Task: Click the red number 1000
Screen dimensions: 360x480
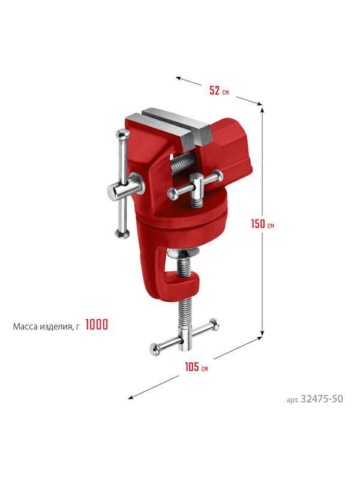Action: [x=97, y=325]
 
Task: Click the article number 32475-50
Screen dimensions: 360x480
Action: [x=322, y=399]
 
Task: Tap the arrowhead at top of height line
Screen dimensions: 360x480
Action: [x=262, y=109]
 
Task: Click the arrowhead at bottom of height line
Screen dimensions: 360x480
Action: [x=262, y=333]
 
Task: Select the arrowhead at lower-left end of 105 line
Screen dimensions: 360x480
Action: [x=131, y=397]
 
